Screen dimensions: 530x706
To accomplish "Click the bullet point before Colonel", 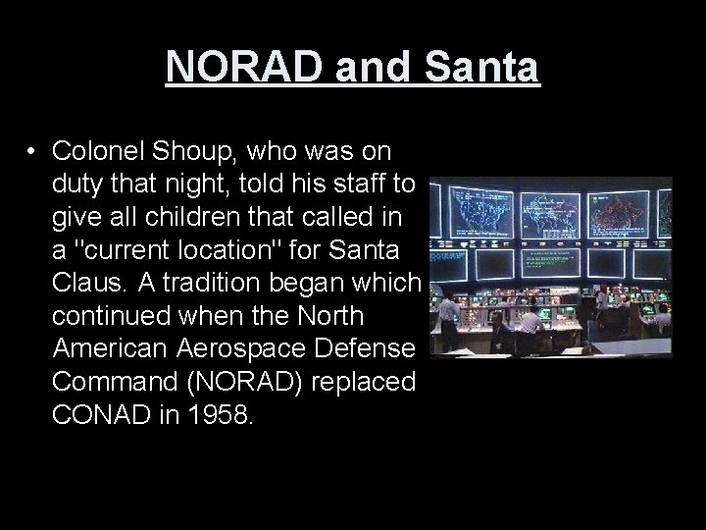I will pos(32,152).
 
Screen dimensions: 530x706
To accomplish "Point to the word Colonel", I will pos(98,152).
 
